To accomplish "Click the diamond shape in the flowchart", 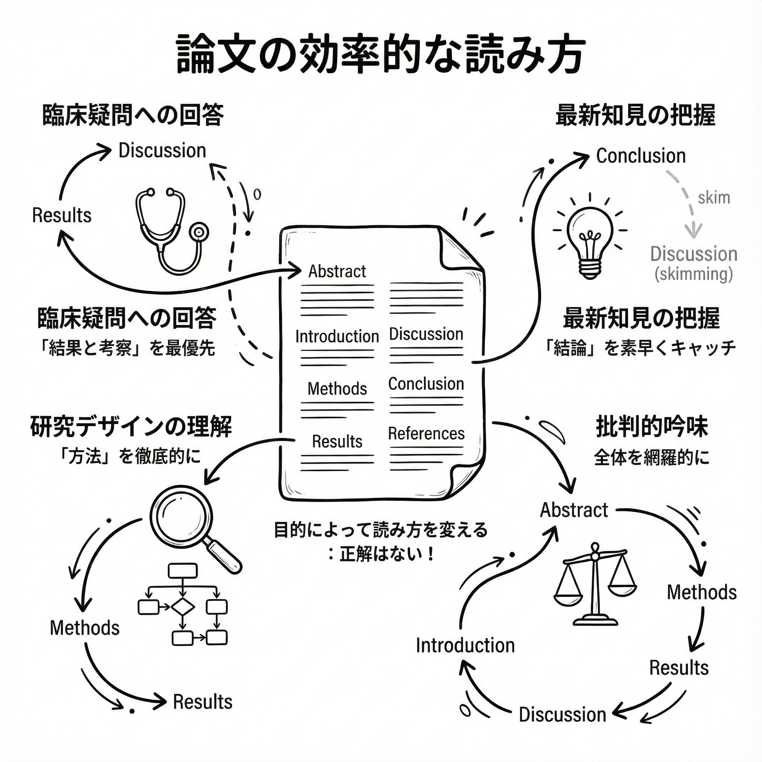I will pyautogui.click(x=183, y=607).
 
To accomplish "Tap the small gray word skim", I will pyautogui.click(x=714, y=198).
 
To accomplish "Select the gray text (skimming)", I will pyautogui.click(x=694, y=274).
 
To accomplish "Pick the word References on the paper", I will pyautogui.click(x=426, y=433).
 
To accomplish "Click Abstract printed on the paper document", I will pyautogui.click(x=337, y=271).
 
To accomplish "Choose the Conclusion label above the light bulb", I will pyautogui.click(x=641, y=156).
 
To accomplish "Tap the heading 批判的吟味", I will pyautogui.click(x=652, y=427).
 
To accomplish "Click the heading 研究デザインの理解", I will pyautogui.click(x=131, y=427).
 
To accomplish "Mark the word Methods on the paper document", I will pyautogui.click(x=337, y=389).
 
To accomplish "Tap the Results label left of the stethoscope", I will pyautogui.click(x=62, y=215).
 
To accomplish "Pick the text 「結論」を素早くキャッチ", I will pyautogui.click(x=640, y=348).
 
